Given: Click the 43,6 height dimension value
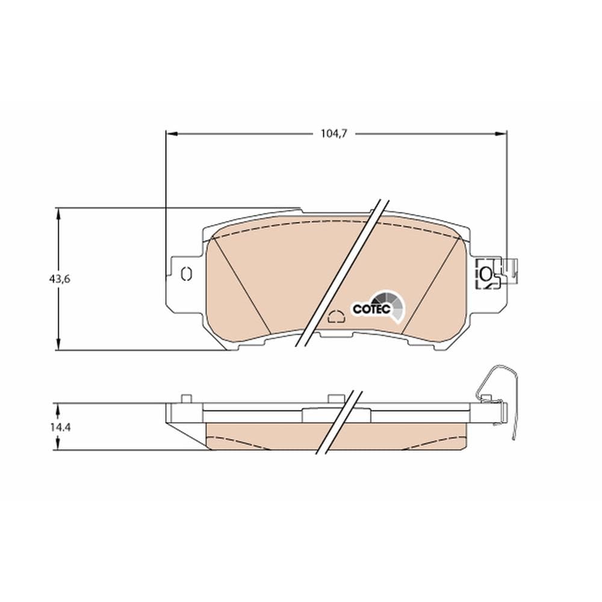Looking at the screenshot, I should click(60, 279).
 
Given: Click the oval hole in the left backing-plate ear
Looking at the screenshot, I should click(185, 275).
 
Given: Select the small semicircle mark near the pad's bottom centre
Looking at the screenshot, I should click(336, 316).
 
